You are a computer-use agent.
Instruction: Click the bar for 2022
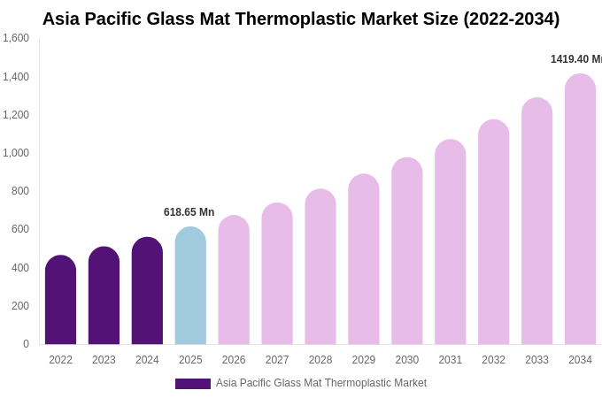pyautogui.click(x=60, y=301)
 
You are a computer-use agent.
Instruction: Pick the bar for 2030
pyautogui.click(x=407, y=251)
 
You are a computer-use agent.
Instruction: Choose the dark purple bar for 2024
pyautogui.click(x=147, y=291)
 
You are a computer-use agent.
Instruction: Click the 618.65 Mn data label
pyautogui.click(x=189, y=212)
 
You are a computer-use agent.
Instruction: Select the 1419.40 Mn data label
pyautogui.click(x=575, y=59)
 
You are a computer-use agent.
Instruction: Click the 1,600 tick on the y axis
pyautogui.click(x=16, y=38)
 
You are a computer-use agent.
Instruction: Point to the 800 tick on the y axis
pyautogui.click(x=19, y=191)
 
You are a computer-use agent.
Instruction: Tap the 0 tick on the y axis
pyautogui.click(x=26, y=344)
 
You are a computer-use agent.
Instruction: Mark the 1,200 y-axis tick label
pyautogui.click(x=16, y=115)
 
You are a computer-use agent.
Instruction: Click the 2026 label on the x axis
pyautogui.click(x=234, y=360)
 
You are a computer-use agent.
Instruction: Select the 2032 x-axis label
pyautogui.click(x=493, y=360)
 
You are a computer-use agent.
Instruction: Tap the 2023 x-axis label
pyautogui.click(x=104, y=360)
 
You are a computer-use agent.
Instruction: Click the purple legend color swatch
pyautogui.click(x=192, y=384)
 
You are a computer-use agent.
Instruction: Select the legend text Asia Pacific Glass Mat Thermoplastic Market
pyautogui.click(x=321, y=383)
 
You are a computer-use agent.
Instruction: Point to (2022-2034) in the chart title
pyautogui.click(x=512, y=19)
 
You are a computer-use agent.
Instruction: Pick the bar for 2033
pyautogui.click(x=536, y=221)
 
